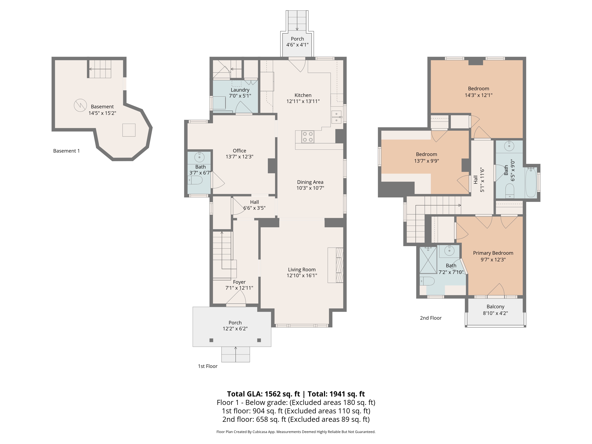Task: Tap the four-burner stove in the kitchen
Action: [x=308, y=137]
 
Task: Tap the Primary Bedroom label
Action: [x=493, y=253]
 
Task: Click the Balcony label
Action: [x=495, y=307]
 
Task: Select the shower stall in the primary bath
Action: [x=428, y=260]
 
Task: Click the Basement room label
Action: [x=102, y=107]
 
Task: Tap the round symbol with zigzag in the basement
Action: [x=80, y=105]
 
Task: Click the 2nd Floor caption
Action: [x=431, y=318]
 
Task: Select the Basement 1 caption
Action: [x=66, y=151]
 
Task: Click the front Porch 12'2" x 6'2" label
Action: [x=235, y=326]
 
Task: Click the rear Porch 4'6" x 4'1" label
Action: [x=297, y=42]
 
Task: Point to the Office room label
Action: [x=239, y=151]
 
